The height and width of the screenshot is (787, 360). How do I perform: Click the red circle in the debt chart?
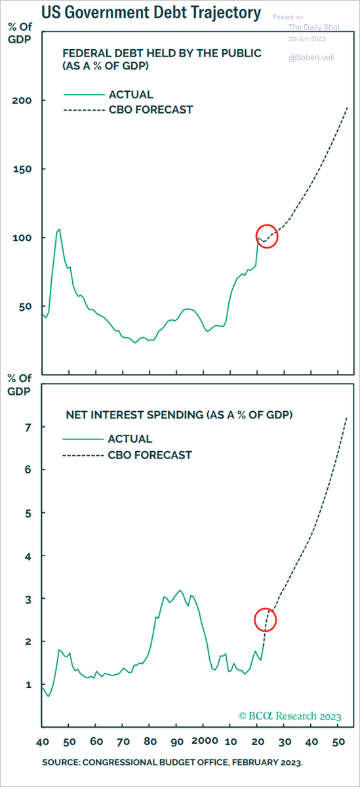tap(268, 237)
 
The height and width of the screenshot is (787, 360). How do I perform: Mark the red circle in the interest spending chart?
tap(266, 620)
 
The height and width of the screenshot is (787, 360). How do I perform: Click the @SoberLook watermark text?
tap(311, 58)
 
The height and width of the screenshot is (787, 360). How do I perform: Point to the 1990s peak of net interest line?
tap(180, 590)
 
